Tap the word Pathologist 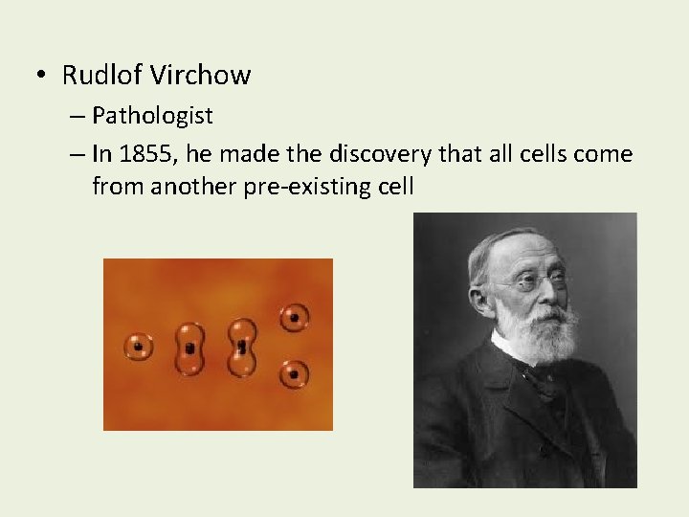tap(153, 117)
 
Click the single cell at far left tap(139, 346)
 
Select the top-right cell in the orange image tap(294, 317)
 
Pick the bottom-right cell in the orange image tap(294, 373)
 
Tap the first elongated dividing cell tap(190, 348)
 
